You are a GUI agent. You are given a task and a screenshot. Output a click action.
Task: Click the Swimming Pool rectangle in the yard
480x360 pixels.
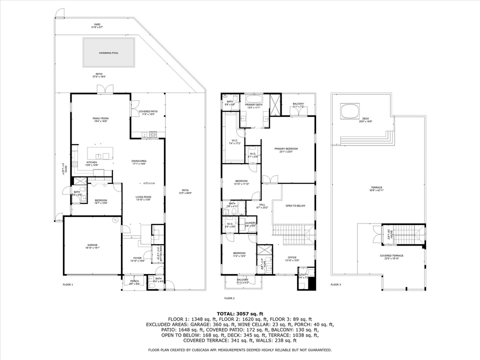[109, 52]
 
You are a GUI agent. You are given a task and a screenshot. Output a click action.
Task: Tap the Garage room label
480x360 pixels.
[92, 245]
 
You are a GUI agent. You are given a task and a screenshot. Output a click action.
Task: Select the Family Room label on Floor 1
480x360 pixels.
[100, 118]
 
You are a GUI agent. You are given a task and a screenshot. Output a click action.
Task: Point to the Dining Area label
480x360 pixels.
[138, 161]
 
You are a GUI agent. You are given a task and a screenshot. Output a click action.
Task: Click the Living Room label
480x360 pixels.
[143, 197]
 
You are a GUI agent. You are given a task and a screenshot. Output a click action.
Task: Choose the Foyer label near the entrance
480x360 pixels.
[137, 258]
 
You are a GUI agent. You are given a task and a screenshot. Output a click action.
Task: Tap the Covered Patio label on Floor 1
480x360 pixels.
[148, 111]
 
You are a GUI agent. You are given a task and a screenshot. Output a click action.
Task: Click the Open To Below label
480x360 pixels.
[295, 205]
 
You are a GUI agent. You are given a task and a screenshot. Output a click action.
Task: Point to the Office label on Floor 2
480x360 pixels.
[292, 258]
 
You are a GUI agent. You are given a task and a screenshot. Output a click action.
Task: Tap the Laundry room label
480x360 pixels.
[250, 223]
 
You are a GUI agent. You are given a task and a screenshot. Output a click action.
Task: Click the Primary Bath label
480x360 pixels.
[253, 104]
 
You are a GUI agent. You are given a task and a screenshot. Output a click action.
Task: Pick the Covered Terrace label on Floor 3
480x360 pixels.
[391, 255]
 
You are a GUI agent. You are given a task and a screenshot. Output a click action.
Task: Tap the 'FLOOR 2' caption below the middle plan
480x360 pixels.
[229, 298]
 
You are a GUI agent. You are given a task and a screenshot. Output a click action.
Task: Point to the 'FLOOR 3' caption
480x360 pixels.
[335, 284]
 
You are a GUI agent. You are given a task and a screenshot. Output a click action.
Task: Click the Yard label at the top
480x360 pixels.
[97, 24]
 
